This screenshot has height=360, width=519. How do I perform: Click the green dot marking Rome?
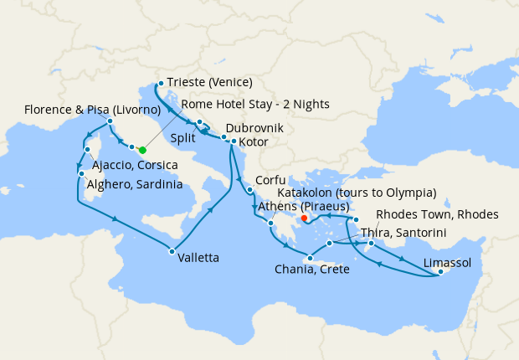click(x=142, y=150)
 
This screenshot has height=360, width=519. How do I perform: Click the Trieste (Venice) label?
click(x=209, y=83)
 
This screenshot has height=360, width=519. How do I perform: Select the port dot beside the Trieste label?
click(x=160, y=83)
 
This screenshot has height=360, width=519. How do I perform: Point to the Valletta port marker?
click(x=171, y=251)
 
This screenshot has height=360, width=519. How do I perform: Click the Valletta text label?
click(x=198, y=259)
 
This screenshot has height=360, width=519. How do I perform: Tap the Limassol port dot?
click(x=440, y=272)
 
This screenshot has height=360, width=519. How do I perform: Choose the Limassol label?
click(x=448, y=263)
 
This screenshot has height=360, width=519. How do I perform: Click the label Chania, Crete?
click(x=311, y=269)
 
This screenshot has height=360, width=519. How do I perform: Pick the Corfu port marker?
click(x=249, y=189)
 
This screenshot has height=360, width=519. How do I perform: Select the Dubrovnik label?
click(x=254, y=129)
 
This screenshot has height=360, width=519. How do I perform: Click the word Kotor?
click(x=253, y=142)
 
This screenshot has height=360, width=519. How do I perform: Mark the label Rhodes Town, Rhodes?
click(x=437, y=214)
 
